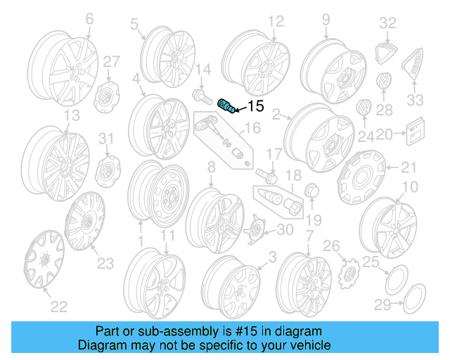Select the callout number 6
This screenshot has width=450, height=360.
point(89,21)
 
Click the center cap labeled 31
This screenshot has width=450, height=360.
point(105,172)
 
